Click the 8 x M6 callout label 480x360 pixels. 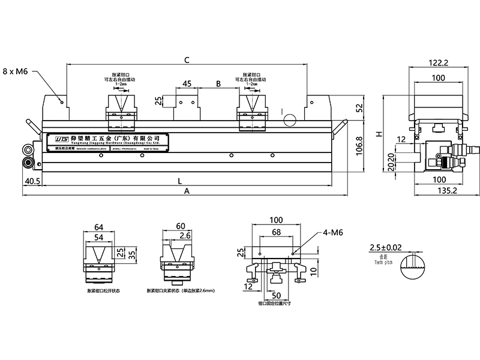[x=16, y=71]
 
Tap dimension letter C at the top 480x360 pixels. [x=187, y=60]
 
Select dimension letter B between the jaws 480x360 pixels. [x=218, y=84]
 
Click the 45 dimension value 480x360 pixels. [x=187, y=84]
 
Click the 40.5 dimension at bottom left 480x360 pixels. [x=32, y=180]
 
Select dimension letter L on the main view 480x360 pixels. [x=180, y=181]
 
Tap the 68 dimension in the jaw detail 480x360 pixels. [x=276, y=232]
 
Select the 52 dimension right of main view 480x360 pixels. [x=359, y=108]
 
